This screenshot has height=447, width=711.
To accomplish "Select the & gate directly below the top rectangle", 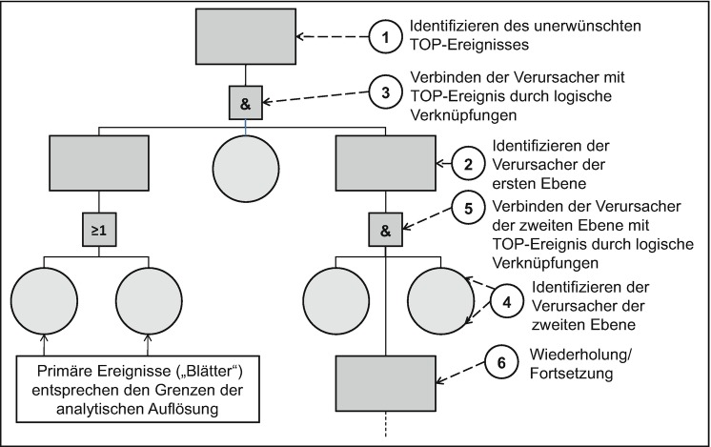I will tap(247, 100).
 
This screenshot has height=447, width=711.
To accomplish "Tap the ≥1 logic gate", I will tap(98, 229).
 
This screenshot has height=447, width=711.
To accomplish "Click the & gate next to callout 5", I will tap(385, 229).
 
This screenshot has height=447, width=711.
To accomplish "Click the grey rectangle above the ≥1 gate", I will tap(98, 162).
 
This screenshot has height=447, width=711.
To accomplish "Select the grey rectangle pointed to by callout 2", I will tap(385, 162).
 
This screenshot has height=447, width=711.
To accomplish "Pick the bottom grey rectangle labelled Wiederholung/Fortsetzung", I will tap(385, 380).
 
